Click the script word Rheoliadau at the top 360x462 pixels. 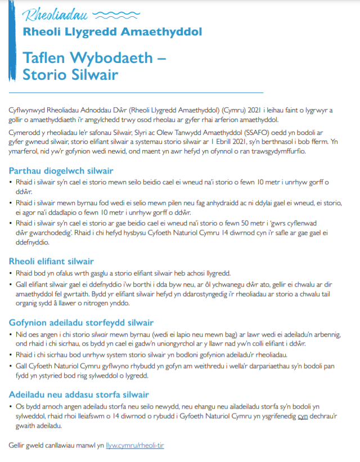55,14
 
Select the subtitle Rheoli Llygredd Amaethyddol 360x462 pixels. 112,32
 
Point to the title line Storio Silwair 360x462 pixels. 70,74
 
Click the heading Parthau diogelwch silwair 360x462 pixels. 61,170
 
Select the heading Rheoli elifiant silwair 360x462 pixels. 51,261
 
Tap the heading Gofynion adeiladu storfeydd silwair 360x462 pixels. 81,323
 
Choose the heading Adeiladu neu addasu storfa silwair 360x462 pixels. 79,394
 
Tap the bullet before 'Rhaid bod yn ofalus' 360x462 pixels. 11,274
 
